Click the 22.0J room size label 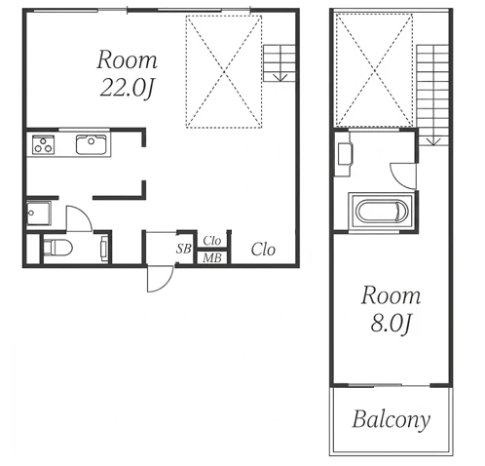point(127,88)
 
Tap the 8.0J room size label point(391,323)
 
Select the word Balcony point(392,420)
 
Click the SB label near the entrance point(184,249)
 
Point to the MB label point(212,258)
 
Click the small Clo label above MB point(212,241)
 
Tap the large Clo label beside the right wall point(263,250)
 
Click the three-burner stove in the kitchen point(43,144)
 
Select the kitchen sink point(92,144)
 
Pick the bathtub point(381,212)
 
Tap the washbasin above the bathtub point(344,154)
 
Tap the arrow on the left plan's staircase point(280,77)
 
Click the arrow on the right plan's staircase point(433,141)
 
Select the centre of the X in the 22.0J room point(224,71)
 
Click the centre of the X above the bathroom point(375,70)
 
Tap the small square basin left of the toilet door point(39,214)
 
